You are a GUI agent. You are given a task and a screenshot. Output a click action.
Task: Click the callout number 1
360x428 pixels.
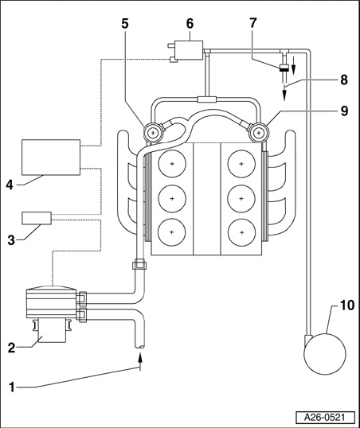pos(11,387)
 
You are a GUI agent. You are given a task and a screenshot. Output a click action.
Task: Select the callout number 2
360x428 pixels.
pos(11,348)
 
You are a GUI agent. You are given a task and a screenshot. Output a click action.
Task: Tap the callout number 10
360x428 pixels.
pos(347,305)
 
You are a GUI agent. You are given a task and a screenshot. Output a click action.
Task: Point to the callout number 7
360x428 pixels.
pos(253,23)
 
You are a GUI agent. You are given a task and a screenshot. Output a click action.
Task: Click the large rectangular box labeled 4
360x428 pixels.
pos(51,158)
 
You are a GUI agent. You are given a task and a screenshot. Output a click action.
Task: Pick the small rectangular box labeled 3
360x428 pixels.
pos(37,218)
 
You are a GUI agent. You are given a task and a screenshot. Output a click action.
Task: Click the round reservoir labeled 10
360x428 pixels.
pos(325,354)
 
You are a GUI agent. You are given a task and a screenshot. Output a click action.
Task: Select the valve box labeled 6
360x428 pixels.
pos(189,50)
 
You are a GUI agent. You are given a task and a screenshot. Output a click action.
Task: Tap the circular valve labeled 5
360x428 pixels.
pos(153,133)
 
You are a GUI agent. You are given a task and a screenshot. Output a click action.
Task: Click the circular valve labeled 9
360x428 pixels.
pos(259,133)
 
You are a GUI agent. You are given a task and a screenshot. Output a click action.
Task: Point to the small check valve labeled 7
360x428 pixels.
pos(285,68)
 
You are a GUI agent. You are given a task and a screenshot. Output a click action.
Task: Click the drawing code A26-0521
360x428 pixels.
pos(325,418)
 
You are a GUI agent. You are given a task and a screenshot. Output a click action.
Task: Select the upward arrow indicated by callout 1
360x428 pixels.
pos(140,361)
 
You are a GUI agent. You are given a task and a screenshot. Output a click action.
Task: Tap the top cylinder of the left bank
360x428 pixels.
pos(172,164)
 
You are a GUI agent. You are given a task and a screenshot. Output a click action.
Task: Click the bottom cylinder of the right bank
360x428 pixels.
pos(241,232)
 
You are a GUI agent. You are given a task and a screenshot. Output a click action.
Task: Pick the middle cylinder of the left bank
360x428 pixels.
pos(172,198)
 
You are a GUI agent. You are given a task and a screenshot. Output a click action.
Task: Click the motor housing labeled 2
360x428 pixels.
pos(52,330)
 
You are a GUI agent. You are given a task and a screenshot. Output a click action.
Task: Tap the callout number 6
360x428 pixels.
pos(190,24)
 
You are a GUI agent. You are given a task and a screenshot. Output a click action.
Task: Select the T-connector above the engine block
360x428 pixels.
pos(207,99)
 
